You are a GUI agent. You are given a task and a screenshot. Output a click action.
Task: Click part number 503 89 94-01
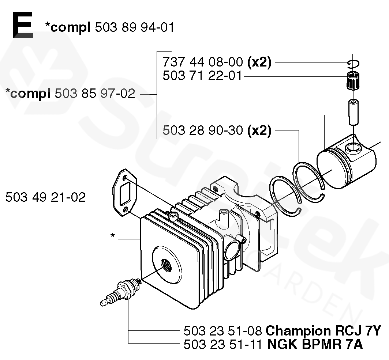pyautogui.click(x=134, y=27)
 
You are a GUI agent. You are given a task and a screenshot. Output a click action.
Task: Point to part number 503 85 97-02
pyautogui.click(x=95, y=94)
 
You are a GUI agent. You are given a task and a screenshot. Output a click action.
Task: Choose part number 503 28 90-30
pyautogui.click(x=202, y=130)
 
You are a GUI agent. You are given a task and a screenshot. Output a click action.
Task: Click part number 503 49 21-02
pyautogui.click(x=46, y=197)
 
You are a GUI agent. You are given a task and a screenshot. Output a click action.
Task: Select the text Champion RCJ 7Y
pyautogui.click(x=323, y=331)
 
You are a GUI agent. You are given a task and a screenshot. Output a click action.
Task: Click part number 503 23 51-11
pyautogui.click(x=222, y=344)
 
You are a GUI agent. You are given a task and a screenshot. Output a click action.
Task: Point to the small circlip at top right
pyautogui.click(x=354, y=63)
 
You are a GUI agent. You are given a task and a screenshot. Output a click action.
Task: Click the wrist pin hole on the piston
pyautogui.click(x=353, y=148)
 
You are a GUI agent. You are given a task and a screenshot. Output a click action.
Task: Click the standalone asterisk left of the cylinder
pyautogui.click(x=113, y=236)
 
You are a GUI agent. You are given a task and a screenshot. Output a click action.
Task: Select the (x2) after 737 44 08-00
pyautogui.click(x=259, y=63)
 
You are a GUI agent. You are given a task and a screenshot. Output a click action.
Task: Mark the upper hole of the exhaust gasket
pyautogui.click(x=126, y=178)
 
